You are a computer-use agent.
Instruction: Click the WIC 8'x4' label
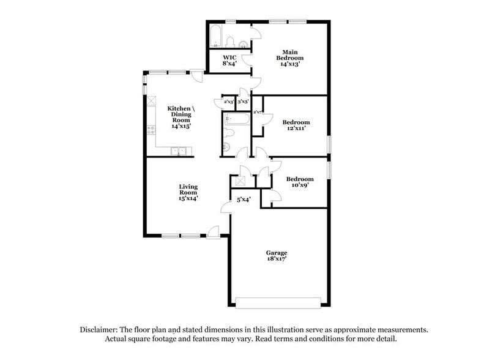[x=229, y=61]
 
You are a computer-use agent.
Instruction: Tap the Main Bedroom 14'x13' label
[x=289, y=58]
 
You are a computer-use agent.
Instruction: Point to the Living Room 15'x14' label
[x=188, y=192]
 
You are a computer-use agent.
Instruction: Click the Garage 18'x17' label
[x=277, y=256]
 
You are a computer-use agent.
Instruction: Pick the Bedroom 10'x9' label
[x=299, y=182]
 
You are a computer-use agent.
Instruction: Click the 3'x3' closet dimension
[x=243, y=102]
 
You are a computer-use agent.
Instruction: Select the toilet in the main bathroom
[x=231, y=42]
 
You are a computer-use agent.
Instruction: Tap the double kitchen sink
[x=178, y=151]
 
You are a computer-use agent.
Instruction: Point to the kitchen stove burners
[x=150, y=130]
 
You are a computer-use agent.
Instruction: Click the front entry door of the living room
[x=214, y=231]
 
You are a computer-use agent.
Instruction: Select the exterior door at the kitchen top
[x=197, y=75]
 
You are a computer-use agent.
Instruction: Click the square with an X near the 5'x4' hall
[x=240, y=181]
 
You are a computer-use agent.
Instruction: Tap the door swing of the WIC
[x=246, y=59]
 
